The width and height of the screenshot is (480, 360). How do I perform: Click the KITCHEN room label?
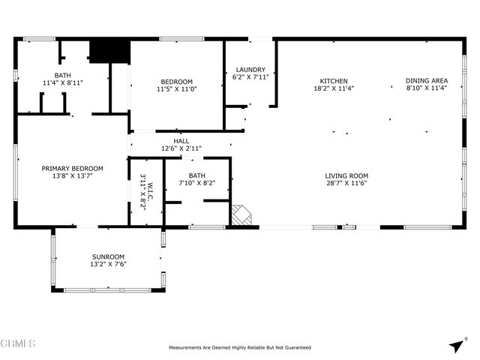point(334,81)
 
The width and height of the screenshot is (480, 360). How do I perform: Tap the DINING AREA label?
point(427,81)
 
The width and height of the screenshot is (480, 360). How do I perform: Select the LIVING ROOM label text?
point(346,176)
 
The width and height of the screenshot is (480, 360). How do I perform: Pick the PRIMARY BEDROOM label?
point(72,169)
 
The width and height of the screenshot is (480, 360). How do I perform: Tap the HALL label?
point(181,141)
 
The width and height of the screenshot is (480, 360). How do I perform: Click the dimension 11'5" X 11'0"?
point(176,89)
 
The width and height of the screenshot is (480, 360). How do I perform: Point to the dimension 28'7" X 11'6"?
point(346,184)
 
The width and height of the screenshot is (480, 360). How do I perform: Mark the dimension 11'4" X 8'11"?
point(62,82)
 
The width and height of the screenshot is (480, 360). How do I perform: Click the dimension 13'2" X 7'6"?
point(109,264)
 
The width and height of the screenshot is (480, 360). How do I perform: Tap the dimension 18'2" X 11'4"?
point(334,88)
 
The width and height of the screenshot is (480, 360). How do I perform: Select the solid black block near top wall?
point(109,51)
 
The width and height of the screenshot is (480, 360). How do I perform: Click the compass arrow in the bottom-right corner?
point(456,344)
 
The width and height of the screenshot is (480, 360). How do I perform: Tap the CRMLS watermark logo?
point(18,343)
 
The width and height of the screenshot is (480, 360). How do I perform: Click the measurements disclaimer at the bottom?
point(240,348)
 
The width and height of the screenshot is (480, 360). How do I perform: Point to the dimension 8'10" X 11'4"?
point(427,88)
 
